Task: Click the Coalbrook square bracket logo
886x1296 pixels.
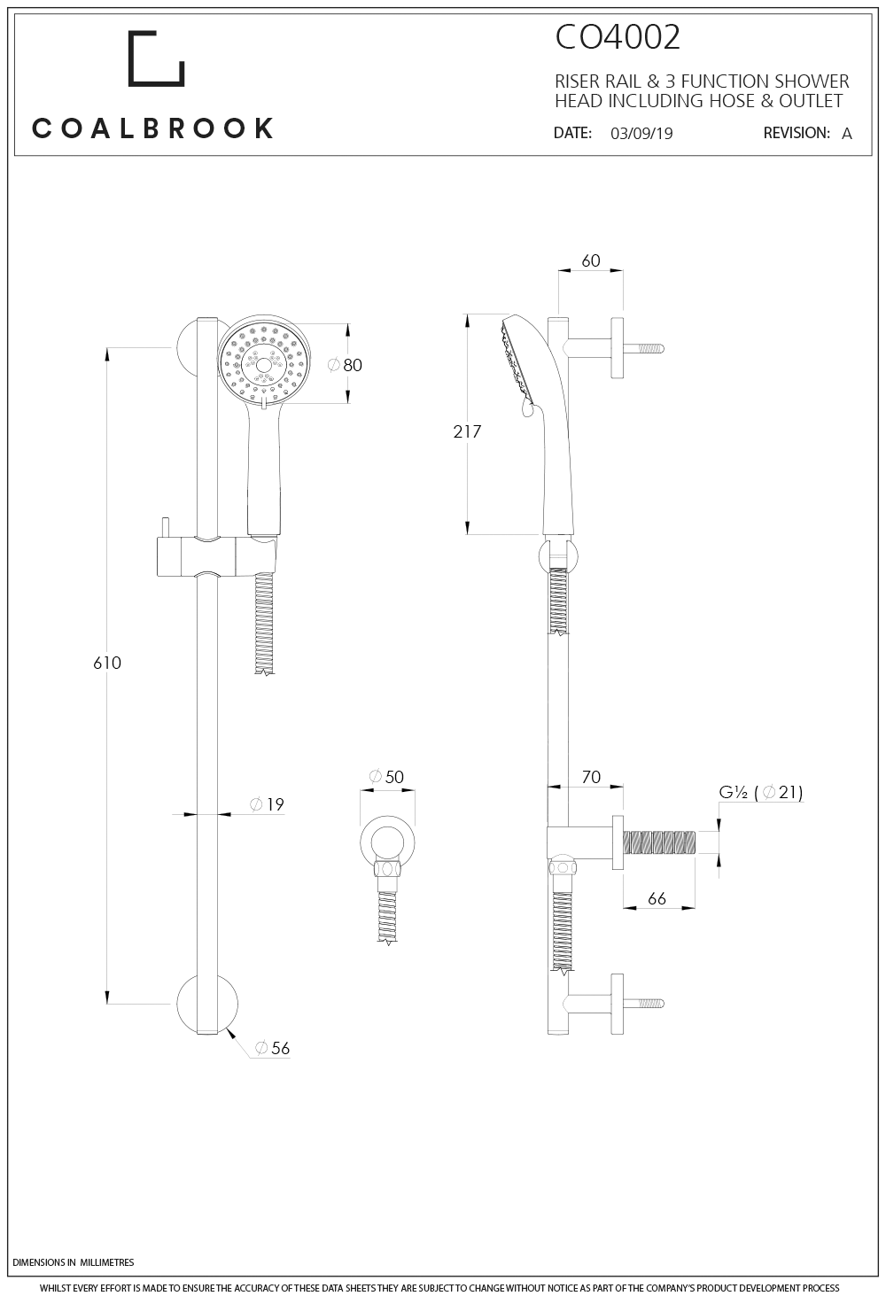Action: pyautogui.click(x=156, y=59)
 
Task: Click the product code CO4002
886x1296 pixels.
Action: pyautogui.click(x=618, y=38)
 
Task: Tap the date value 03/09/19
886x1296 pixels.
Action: pyautogui.click(x=641, y=134)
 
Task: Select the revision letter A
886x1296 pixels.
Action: pyautogui.click(x=846, y=134)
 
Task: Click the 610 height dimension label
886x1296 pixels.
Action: pyautogui.click(x=107, y=663)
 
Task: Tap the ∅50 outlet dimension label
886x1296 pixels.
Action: pyautogui.click(x=385, y=777)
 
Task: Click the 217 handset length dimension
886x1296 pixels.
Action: pyautogui.click(x=466, y=431)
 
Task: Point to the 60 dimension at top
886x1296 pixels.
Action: pyautogui.click(x=590, y=260)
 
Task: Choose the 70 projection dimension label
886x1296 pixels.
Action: pyautogui.click(x=590, y=777)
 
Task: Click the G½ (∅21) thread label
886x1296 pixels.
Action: pyautogui.click(x=760, y=792)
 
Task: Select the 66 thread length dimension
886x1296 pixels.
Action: pyautogui.click(x=657, y=898)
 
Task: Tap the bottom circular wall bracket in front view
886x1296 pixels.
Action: pyautogui.click(x=206, y=1005)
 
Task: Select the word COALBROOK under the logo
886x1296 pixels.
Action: pyautogui.click(x=153, y=128)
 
